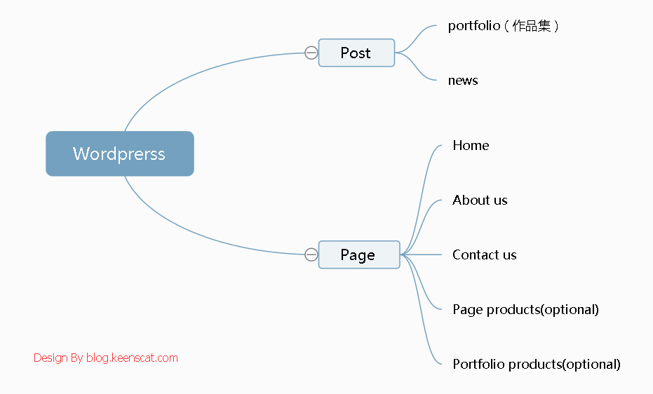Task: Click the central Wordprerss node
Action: pyautogui.click(x=119, y=154)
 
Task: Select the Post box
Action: pyautogui.click(x=356, y=53)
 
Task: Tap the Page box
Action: pyautogui.click(x=358, y=254)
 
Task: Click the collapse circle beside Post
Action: pyautogui.click(x=311, y=53)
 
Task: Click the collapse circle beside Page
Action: pyautogui.click(x=311, y=254)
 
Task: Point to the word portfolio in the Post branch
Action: pyautogui.click(x=474, y=26)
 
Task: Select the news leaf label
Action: pyautogui.click(x=463, y=81)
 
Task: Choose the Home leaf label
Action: pyautogui.click(x=471, y=145)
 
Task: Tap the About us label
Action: pyautogui.click(x=480, y=200)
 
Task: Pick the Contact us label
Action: pyautogui.click(x=484, y=254)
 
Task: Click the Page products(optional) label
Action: pyautogui.click(x=525, y=309)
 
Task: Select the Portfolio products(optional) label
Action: pyautogui.click(x=537, y=364)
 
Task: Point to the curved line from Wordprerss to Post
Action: pyautogui.click(x=196, y=69)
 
